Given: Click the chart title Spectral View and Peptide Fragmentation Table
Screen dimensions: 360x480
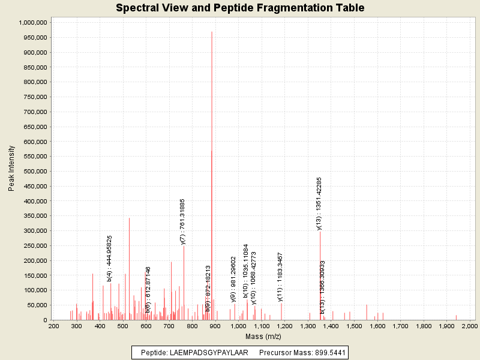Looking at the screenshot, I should click(x=240, y=8).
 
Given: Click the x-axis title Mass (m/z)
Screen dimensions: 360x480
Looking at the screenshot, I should click(x=262, y=336).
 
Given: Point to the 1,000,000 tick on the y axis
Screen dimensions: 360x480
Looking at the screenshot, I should click(x=32, y=22).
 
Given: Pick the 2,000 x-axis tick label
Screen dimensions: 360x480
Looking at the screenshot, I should click(x=470, y=326).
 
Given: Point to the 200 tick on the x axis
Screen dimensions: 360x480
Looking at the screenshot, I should click(x=54, y=326).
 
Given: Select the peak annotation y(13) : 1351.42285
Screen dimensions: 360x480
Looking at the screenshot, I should click(x=319, y=203).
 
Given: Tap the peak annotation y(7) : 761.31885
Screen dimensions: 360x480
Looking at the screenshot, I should click(x=183, y=221).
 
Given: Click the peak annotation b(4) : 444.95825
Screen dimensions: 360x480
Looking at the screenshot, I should click(x=110, y=258).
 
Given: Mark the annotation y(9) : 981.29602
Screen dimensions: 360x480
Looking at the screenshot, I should click(x=233, y=278).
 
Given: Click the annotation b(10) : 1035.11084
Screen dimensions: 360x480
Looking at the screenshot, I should click(x=246, y=271).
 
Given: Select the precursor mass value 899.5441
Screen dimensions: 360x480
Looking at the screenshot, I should click(x=330, y=352).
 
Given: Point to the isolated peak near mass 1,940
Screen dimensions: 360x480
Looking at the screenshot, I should click(x=456, y=317).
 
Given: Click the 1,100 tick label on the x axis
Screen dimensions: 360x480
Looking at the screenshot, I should click(x=262, y=326).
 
